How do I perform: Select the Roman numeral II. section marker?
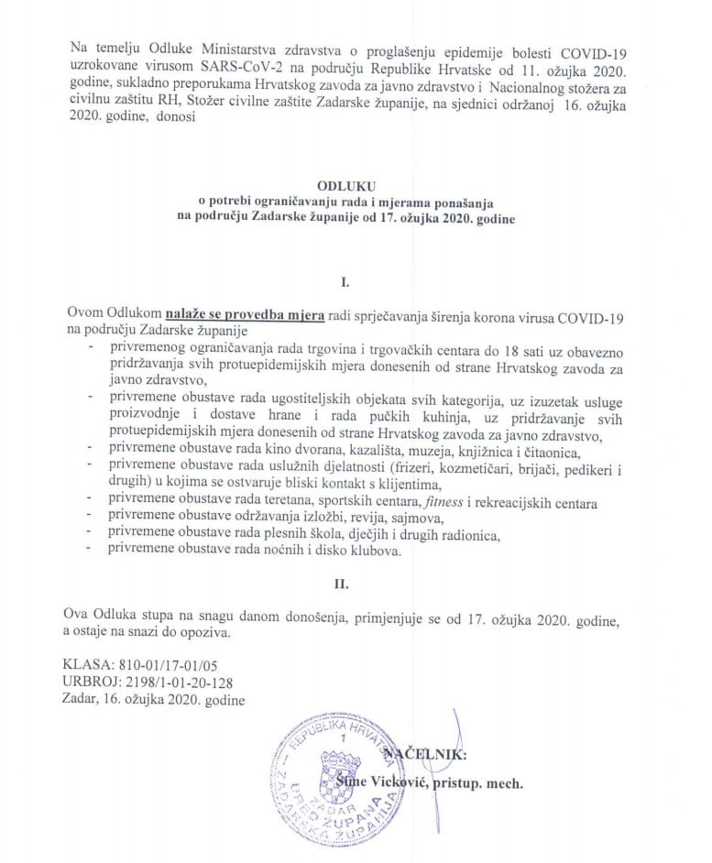353,580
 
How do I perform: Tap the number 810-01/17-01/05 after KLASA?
172,664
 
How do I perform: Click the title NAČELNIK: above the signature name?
427,754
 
